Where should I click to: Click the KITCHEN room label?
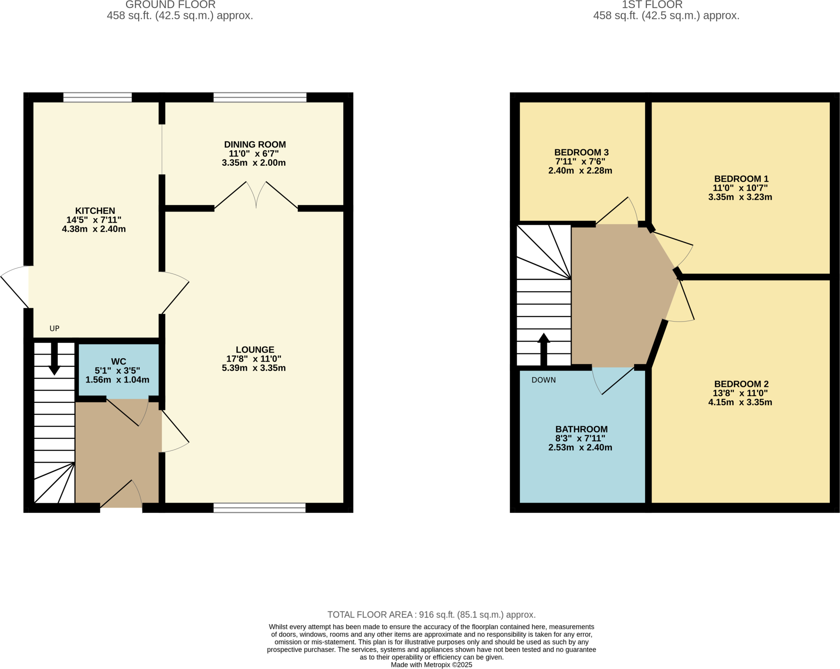[95, 210]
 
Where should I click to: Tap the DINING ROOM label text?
[255, 144]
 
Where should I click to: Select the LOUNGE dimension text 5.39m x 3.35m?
[253, 368]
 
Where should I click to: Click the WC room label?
[119, 361]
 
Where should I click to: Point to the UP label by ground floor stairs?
[55, 328]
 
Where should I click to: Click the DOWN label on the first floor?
[543, 380]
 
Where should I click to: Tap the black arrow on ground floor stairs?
[54, 359]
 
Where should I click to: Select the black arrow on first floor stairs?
[543, 349]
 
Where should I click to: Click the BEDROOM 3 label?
[581, 152]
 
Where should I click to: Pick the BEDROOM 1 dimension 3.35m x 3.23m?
[740, 197]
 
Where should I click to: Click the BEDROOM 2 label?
[741, 384]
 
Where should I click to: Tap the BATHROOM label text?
[581, 429]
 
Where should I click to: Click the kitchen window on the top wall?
[98, 97]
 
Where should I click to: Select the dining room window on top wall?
[260, 97]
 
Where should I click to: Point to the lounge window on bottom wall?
[259, 508]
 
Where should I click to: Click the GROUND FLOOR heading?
[170, 5]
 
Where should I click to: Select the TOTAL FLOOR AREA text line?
[431, 614]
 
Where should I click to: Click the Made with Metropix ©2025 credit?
[431, 665]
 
